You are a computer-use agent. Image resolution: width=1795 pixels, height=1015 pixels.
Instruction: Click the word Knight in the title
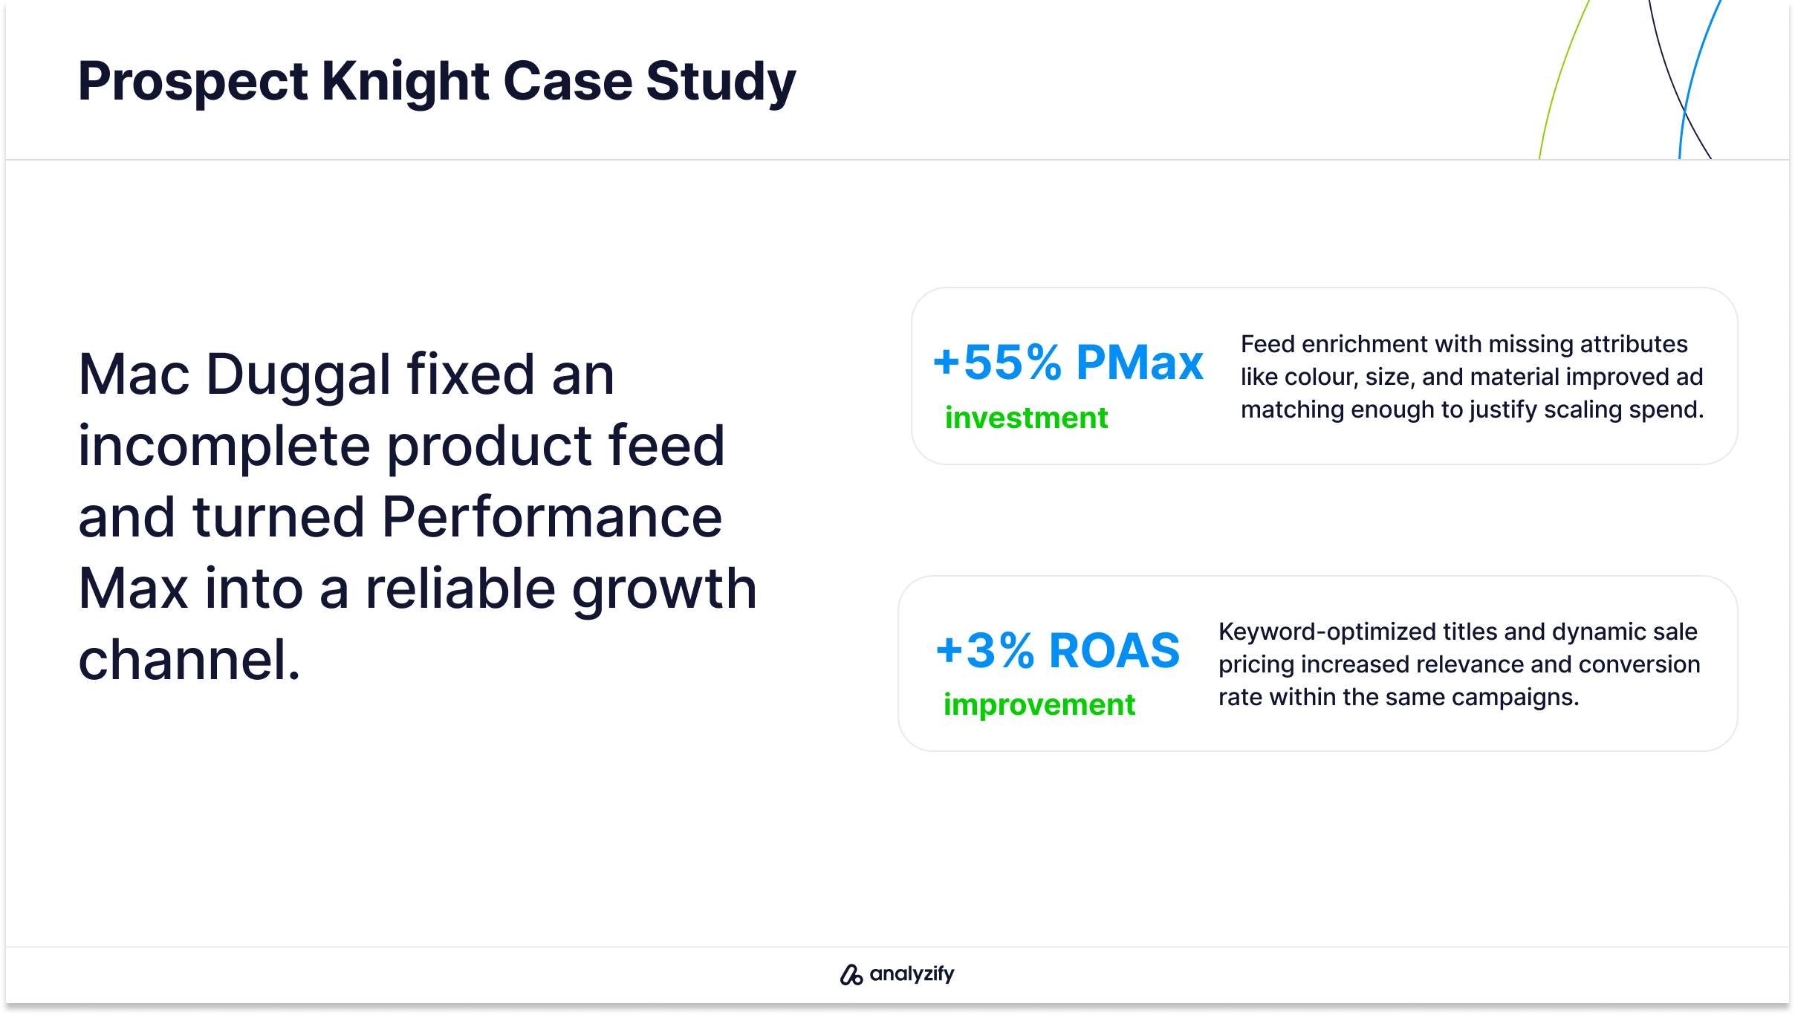pyautogui.click(x=405, y=82)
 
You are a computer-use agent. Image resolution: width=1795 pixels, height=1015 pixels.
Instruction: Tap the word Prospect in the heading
pyautogui.click(x=193, y=82)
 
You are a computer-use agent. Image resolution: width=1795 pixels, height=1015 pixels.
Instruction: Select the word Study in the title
pyautogui.click(x=721, y=82)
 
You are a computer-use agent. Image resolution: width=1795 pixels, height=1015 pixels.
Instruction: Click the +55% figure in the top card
pyautogui.click(x=997, y=363)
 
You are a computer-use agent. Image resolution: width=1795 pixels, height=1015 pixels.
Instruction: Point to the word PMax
pyautogui.click(x=1140, y=363)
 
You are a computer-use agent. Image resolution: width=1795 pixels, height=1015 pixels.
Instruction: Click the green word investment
pyautogui.click(x=1026, y=418)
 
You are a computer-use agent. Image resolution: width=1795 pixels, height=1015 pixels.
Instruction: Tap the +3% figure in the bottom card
pyautogui.click(x=985, y=651)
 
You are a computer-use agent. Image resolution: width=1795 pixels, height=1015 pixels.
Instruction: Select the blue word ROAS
pyautogui.click(x=1114, y=651)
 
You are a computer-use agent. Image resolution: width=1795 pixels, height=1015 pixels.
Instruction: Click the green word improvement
pyautogui.click(x=1039, y=704)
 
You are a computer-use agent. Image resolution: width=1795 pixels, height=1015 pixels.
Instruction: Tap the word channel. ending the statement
pyautogui.click(x=189, y=660)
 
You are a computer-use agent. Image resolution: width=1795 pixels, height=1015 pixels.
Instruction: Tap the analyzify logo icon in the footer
pyautogui.click(x=851, y=974)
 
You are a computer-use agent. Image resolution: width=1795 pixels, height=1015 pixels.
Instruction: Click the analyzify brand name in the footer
pyautogui.click(x=912, y=974)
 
